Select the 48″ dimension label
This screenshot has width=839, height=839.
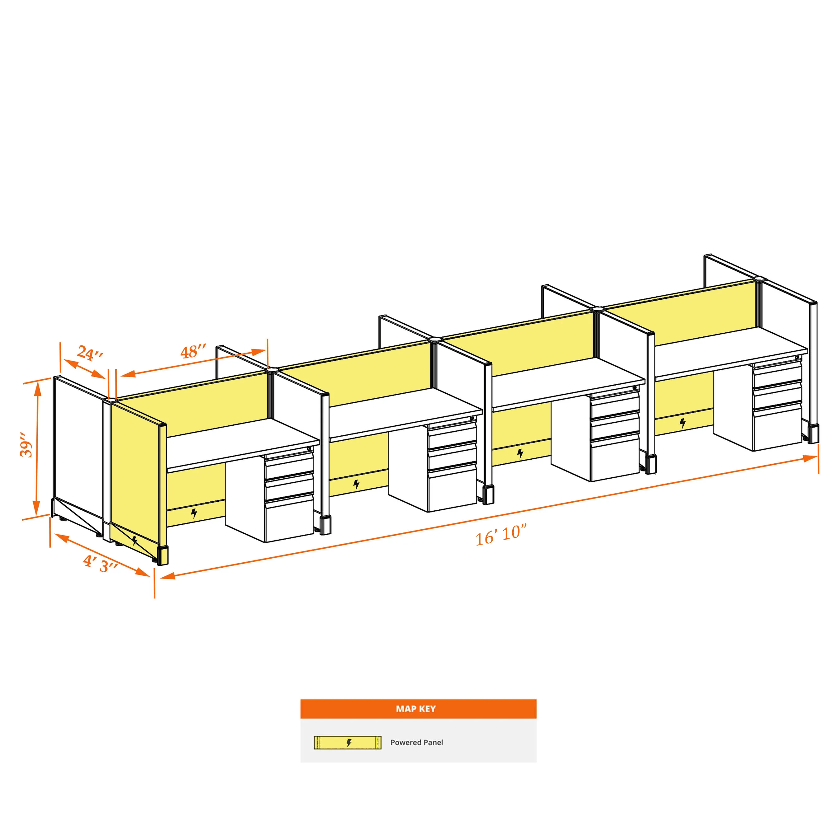pos(193,351)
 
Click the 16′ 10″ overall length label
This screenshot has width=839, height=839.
pos(501,536)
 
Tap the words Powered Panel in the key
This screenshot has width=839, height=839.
pos(416,742)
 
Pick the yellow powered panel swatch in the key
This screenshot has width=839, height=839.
pos(347,743)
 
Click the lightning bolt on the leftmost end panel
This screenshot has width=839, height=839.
pos(135,541)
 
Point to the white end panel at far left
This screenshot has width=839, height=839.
pos(78,452)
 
